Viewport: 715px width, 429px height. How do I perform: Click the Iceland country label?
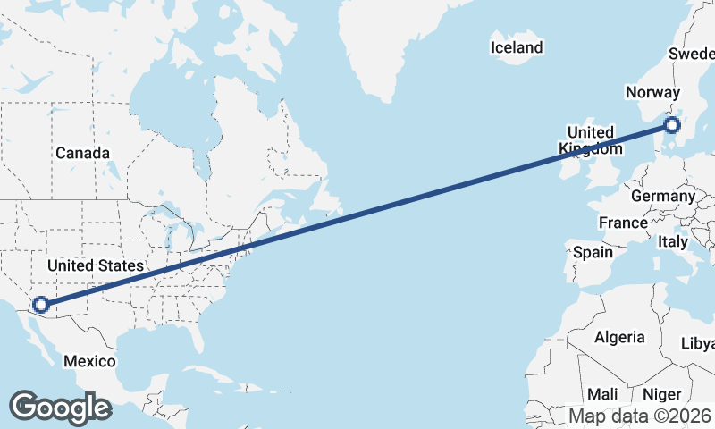coord(517,47)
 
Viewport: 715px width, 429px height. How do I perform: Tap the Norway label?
coord(653,93)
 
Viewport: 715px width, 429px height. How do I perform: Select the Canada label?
coord(82,153)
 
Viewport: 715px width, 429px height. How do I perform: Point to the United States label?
coord(96,266)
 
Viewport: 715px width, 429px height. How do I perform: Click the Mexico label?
coord(89,361)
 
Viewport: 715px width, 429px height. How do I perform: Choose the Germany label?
coord(662,196)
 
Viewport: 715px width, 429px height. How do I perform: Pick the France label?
coord(623,223)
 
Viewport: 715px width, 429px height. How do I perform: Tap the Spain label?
coord(593,252)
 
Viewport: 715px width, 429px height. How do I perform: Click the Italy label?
coord(672,241)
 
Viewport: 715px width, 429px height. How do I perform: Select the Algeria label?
coord(619,337)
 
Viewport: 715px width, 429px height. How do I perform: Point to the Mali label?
coord(602,394)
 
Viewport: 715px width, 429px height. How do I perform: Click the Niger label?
coord(662,394)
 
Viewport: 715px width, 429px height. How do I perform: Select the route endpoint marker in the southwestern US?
coord(40,305)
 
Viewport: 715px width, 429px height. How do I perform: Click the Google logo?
coord(60,408)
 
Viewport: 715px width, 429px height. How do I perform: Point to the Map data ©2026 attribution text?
coord(640,416)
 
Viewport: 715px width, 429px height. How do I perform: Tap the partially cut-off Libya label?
coord(698,343)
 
